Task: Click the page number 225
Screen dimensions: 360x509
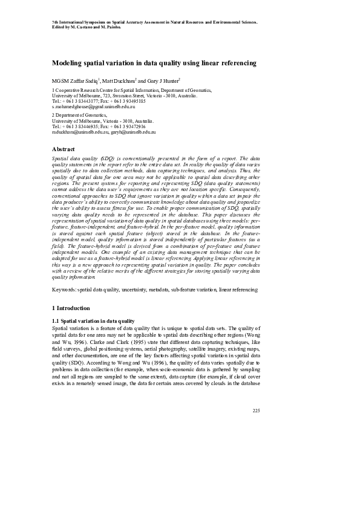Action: [x=255, y=410]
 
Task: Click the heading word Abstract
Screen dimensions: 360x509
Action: [x=64, y=149]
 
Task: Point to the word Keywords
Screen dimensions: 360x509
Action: [x=64, y=290]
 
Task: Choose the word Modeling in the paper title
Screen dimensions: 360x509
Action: [x=68, y=63]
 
